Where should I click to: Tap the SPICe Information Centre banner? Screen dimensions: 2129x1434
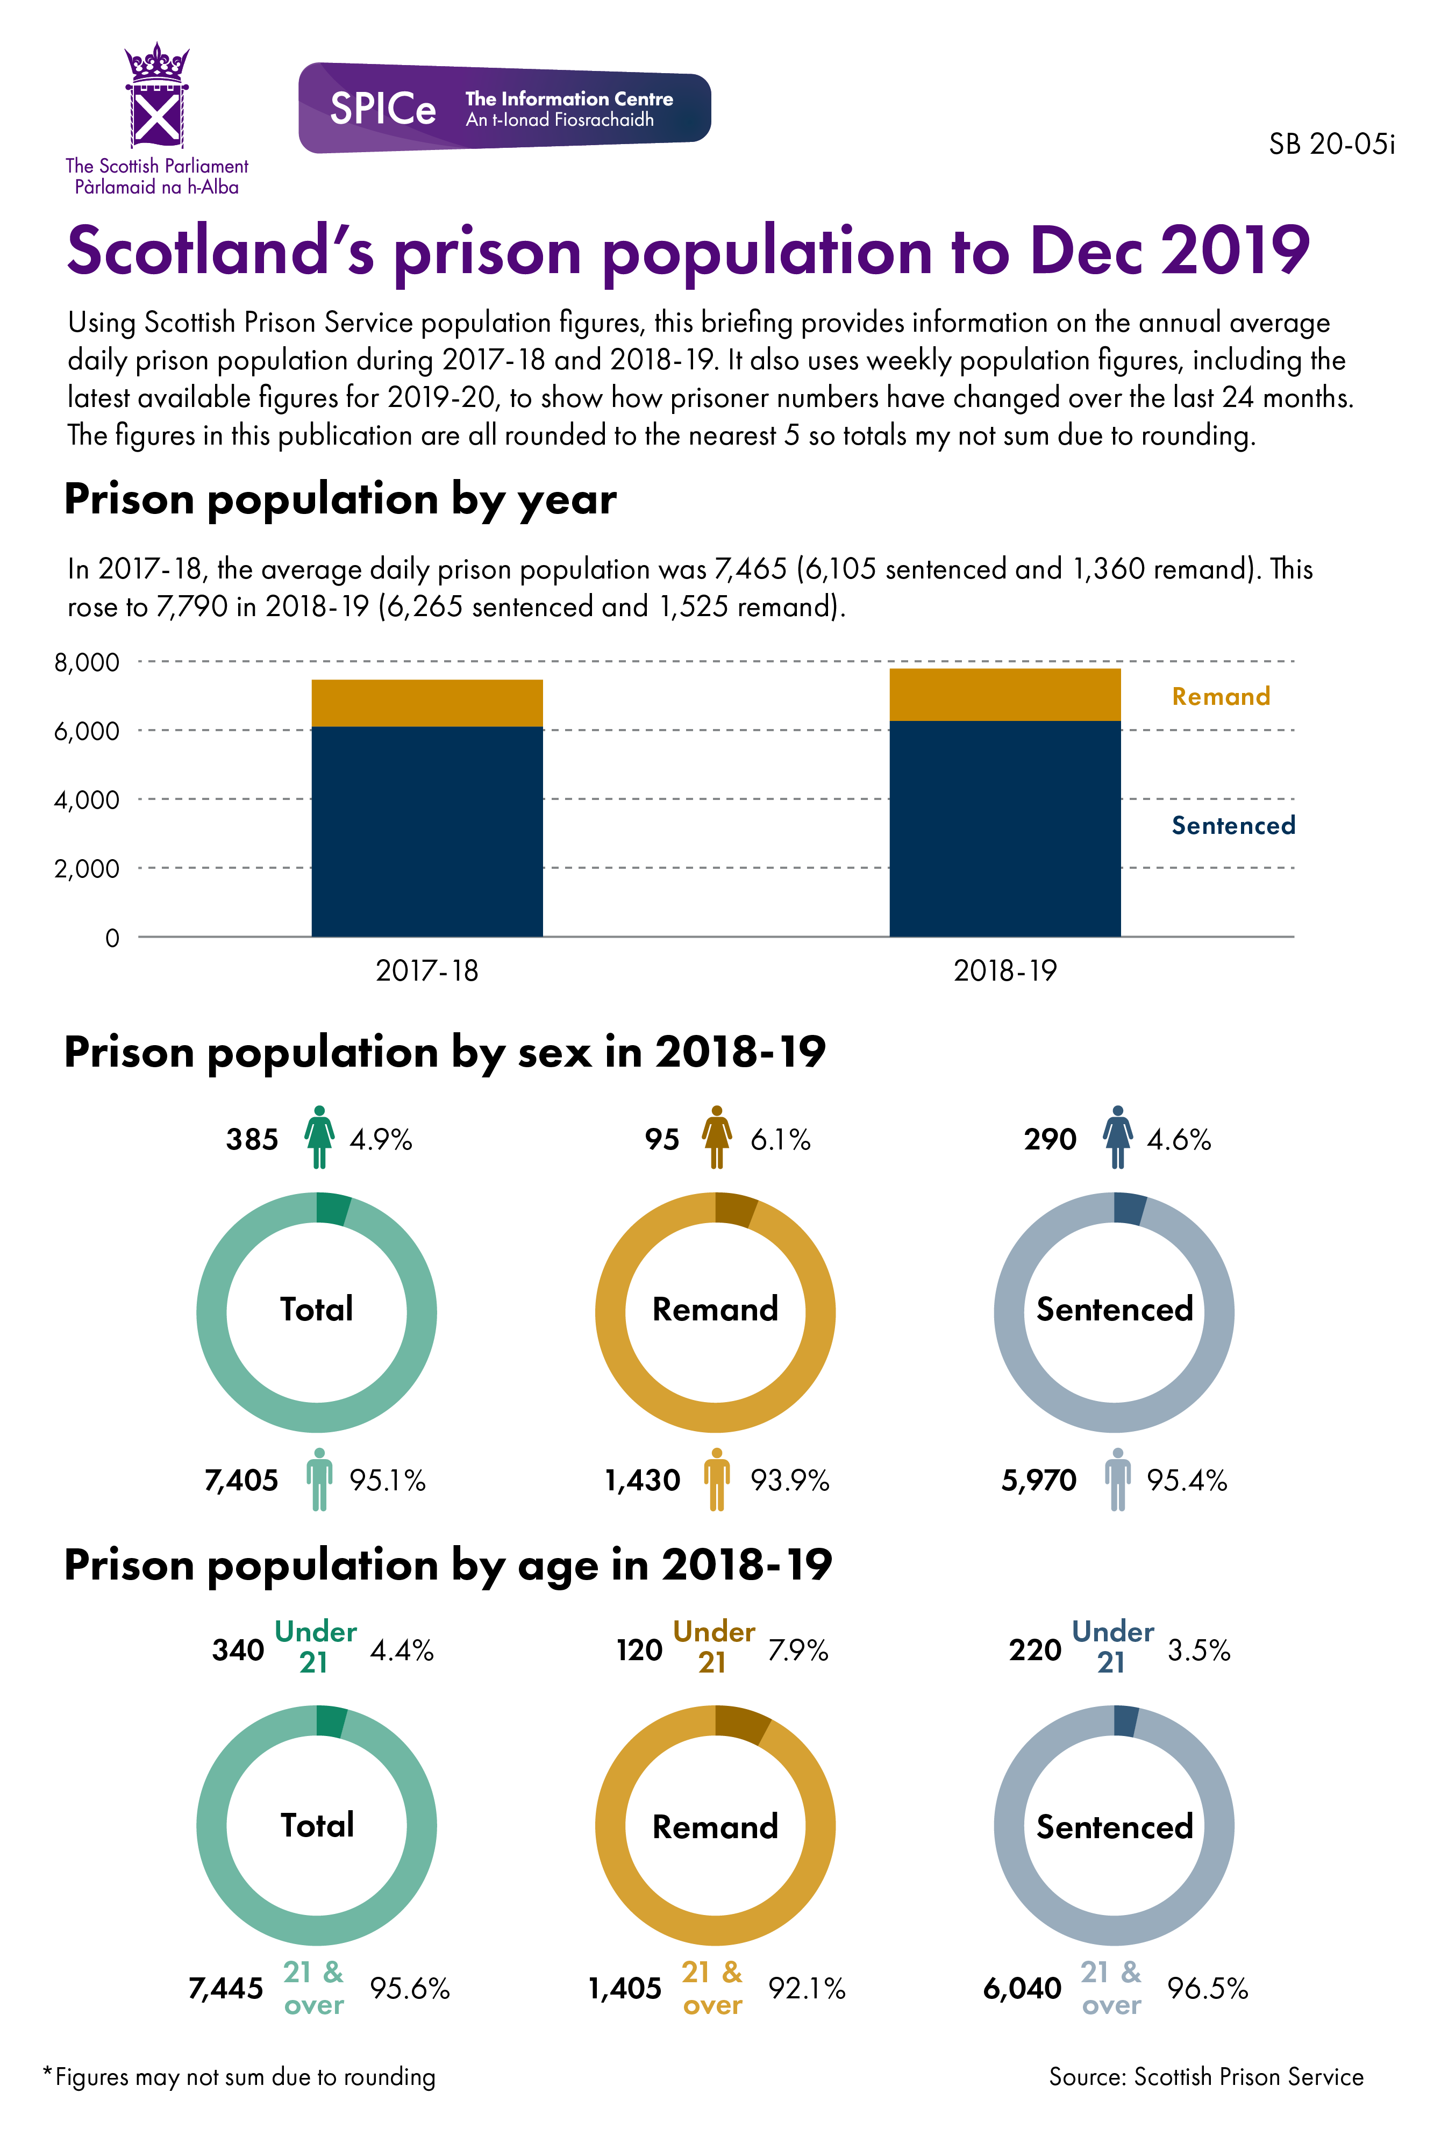(x=504, y=108)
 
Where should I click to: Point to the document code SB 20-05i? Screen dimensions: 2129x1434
(x=1331, y=145)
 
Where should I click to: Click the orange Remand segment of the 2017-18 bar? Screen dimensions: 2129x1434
(x=427, y=702)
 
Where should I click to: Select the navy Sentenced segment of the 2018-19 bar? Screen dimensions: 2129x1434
(x=1004, y=827)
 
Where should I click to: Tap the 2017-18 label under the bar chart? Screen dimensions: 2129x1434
(x=427, y=970)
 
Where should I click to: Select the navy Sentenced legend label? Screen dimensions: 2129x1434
(x=1233, y=826)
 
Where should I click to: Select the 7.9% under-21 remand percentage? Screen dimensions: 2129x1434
(x=797, y=1651)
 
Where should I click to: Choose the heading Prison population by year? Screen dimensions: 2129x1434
(x=340, y=499)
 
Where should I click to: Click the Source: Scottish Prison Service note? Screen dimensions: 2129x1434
(x=1205, y=2077)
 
